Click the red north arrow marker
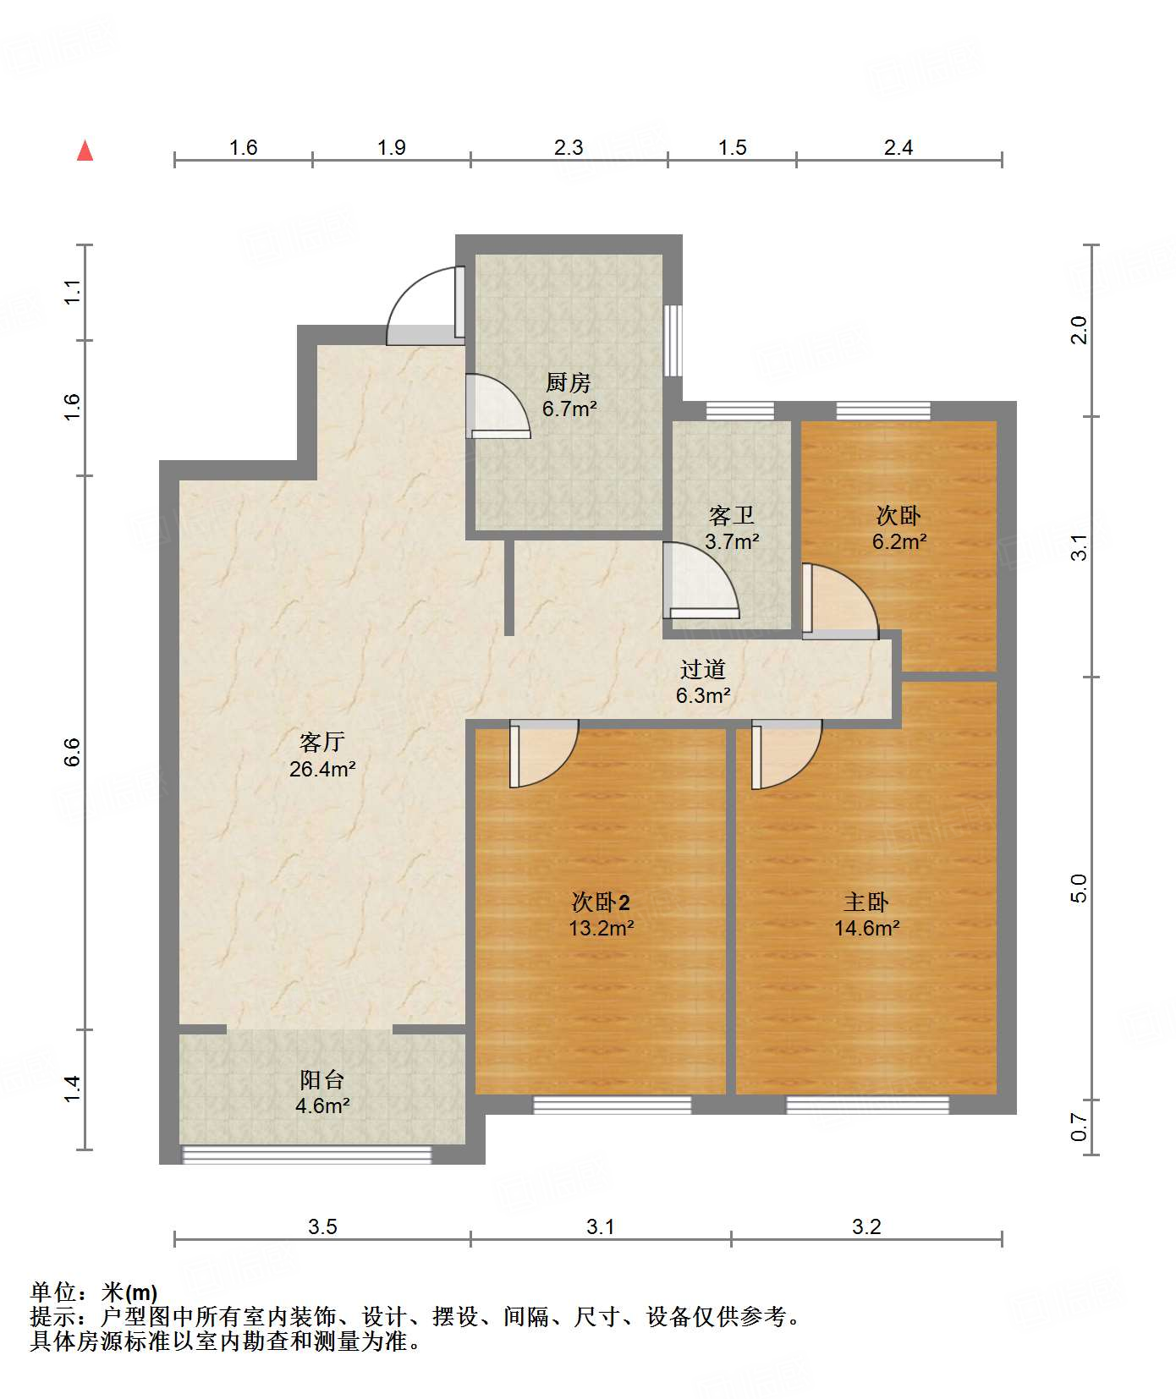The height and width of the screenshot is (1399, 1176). pos(85,151)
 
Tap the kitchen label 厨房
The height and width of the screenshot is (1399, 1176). pos(569,383)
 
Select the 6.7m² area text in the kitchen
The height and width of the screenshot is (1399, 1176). pos(569,409)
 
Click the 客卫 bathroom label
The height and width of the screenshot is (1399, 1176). pos(731,515)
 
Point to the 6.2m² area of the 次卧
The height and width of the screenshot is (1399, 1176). pos(899,542)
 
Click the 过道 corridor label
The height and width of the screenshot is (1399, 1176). pos(703,669)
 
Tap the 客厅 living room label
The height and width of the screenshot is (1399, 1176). pos(322,742)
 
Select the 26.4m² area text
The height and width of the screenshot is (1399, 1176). pos(322,769)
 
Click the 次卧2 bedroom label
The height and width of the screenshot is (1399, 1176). pos(601,902)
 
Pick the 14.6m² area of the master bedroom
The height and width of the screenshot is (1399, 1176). pos(866,929)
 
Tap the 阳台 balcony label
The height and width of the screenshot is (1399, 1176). pos(322,1079)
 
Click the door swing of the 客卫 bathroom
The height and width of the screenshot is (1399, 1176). pos(698,582)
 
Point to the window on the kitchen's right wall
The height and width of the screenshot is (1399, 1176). pos(673,340)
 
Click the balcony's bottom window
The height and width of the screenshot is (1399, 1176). pos(307,1154)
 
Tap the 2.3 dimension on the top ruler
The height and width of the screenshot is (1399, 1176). pos(569,148)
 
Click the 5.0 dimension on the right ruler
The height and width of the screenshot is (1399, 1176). pos(1079,888)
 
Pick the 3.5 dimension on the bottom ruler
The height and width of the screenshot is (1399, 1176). pos(322,1226)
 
